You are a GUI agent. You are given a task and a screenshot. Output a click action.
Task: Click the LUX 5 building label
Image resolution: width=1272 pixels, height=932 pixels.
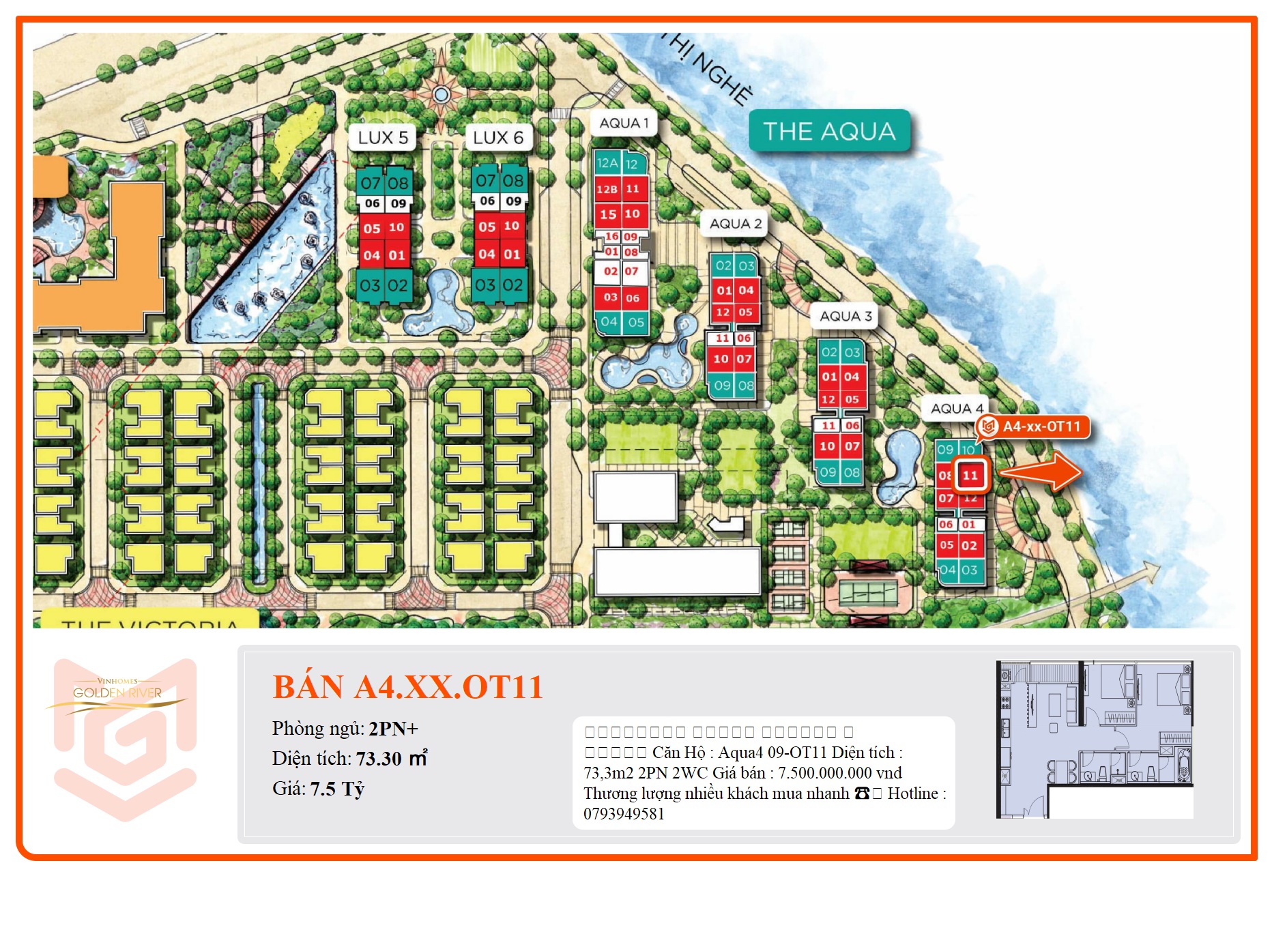point(383,138)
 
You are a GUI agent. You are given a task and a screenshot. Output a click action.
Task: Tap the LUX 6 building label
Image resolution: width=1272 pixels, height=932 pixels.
point(498,138)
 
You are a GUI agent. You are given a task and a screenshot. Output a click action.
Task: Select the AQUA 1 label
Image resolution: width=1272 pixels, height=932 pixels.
point(624,123)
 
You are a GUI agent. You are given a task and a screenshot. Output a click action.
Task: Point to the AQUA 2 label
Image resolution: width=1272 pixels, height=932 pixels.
point(735,224)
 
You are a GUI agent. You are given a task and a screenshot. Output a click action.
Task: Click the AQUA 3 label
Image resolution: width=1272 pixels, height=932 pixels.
point(845,317)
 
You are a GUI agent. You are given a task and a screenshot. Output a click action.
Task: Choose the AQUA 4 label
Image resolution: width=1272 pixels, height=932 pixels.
point(957,409)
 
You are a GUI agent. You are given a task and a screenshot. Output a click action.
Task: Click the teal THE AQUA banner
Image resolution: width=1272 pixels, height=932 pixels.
point(829,131)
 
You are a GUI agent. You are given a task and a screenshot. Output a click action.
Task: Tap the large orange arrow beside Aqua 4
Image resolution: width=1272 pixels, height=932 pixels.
point(1041,471)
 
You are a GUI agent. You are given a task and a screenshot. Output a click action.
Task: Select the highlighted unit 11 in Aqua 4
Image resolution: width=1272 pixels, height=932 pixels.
point(970,476)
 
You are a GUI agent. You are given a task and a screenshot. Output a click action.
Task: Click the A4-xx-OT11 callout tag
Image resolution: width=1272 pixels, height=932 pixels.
point(1033,427)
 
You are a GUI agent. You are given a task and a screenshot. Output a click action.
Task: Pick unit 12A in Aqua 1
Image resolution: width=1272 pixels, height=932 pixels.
point(607,163)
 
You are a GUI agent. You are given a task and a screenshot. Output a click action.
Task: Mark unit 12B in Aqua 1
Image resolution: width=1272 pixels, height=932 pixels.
point(607,189)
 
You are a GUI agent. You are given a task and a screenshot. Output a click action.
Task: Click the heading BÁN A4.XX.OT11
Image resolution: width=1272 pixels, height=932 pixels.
point(407,687)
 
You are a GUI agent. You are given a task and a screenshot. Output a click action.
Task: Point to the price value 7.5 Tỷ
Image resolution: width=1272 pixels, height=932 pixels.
point(337,789)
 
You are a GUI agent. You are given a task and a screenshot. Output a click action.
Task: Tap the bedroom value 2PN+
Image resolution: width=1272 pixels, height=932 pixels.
point(393,729)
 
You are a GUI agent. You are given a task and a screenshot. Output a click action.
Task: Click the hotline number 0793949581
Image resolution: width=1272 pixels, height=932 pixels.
point(624,814)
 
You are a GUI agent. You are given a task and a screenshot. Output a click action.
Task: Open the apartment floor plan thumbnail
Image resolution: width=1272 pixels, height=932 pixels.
point(1095,739)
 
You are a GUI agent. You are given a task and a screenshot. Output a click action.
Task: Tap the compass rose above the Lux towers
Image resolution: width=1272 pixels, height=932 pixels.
point(441,93)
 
